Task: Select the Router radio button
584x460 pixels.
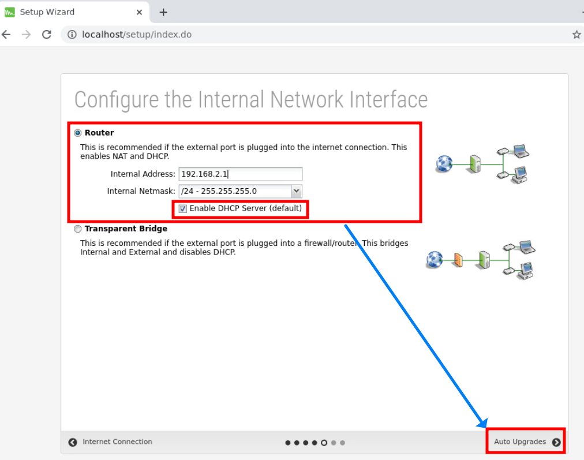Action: (x=78, y=133)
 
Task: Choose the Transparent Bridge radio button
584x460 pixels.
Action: (x=78, y=229)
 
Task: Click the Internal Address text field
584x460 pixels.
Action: (x=240, y=174)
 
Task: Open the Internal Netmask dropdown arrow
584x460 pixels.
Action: (x=297, y=191)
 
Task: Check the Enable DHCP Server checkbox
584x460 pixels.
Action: (x=183, y=208)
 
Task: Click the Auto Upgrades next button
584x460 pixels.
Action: (x=526, y=442)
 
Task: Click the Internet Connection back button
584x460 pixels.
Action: (x=110, y=442)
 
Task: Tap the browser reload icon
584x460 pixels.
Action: (x=47, y=35)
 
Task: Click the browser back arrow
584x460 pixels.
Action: (x=6, y=35)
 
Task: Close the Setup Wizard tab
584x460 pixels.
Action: (x=139, y=12)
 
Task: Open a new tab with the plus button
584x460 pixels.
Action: (x=163, y=12)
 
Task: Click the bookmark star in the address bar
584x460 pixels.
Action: (x=576, y=35)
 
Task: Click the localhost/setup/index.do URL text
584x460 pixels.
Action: (x=137, y=35)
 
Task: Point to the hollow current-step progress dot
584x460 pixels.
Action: (x=324, y=443)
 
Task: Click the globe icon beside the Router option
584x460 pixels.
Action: (x=444, y=164)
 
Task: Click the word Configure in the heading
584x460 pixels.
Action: (x=116, y=100)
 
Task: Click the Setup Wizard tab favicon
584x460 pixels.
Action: (x=10, y=12)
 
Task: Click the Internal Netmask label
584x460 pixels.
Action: (x=141, y=191)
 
